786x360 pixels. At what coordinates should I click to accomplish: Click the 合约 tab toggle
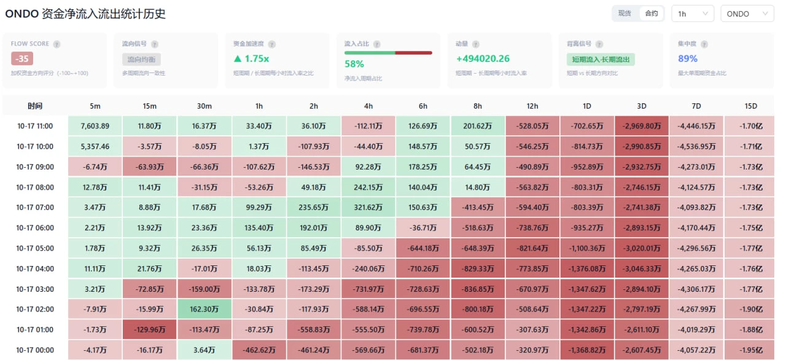coord(652,14)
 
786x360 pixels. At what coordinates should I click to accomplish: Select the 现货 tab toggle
coord(625,14)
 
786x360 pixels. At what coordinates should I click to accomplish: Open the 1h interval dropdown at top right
coord(693,14)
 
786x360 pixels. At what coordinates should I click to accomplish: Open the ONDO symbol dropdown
coord(747,14)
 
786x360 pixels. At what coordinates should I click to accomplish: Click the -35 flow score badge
coord(21,58)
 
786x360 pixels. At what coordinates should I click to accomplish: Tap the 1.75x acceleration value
coord(252,58)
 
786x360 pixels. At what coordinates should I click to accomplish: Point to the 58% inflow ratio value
coord(354,64)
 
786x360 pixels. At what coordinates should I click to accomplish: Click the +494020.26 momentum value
coord(483,58)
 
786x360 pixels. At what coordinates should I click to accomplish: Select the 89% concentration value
coord(688,58)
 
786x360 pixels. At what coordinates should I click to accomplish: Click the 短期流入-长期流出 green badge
coord(601,60)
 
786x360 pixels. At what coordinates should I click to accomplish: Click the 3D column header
coord(642,106)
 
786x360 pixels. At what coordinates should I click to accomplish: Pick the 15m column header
coord(149,106)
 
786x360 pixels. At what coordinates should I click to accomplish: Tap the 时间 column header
coord(35,106)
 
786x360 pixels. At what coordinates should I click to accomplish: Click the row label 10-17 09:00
coord(35,166)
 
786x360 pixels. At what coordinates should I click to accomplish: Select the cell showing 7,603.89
coord(95,126)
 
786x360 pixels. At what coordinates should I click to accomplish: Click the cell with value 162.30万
coord(204,309)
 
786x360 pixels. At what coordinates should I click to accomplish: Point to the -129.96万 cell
coord(149,329)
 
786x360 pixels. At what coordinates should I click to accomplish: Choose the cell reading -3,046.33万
coord(642,268)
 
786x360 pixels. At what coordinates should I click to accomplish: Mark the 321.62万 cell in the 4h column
coord(368,208)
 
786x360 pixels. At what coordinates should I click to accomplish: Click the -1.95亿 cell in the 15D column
coord(750,350)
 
